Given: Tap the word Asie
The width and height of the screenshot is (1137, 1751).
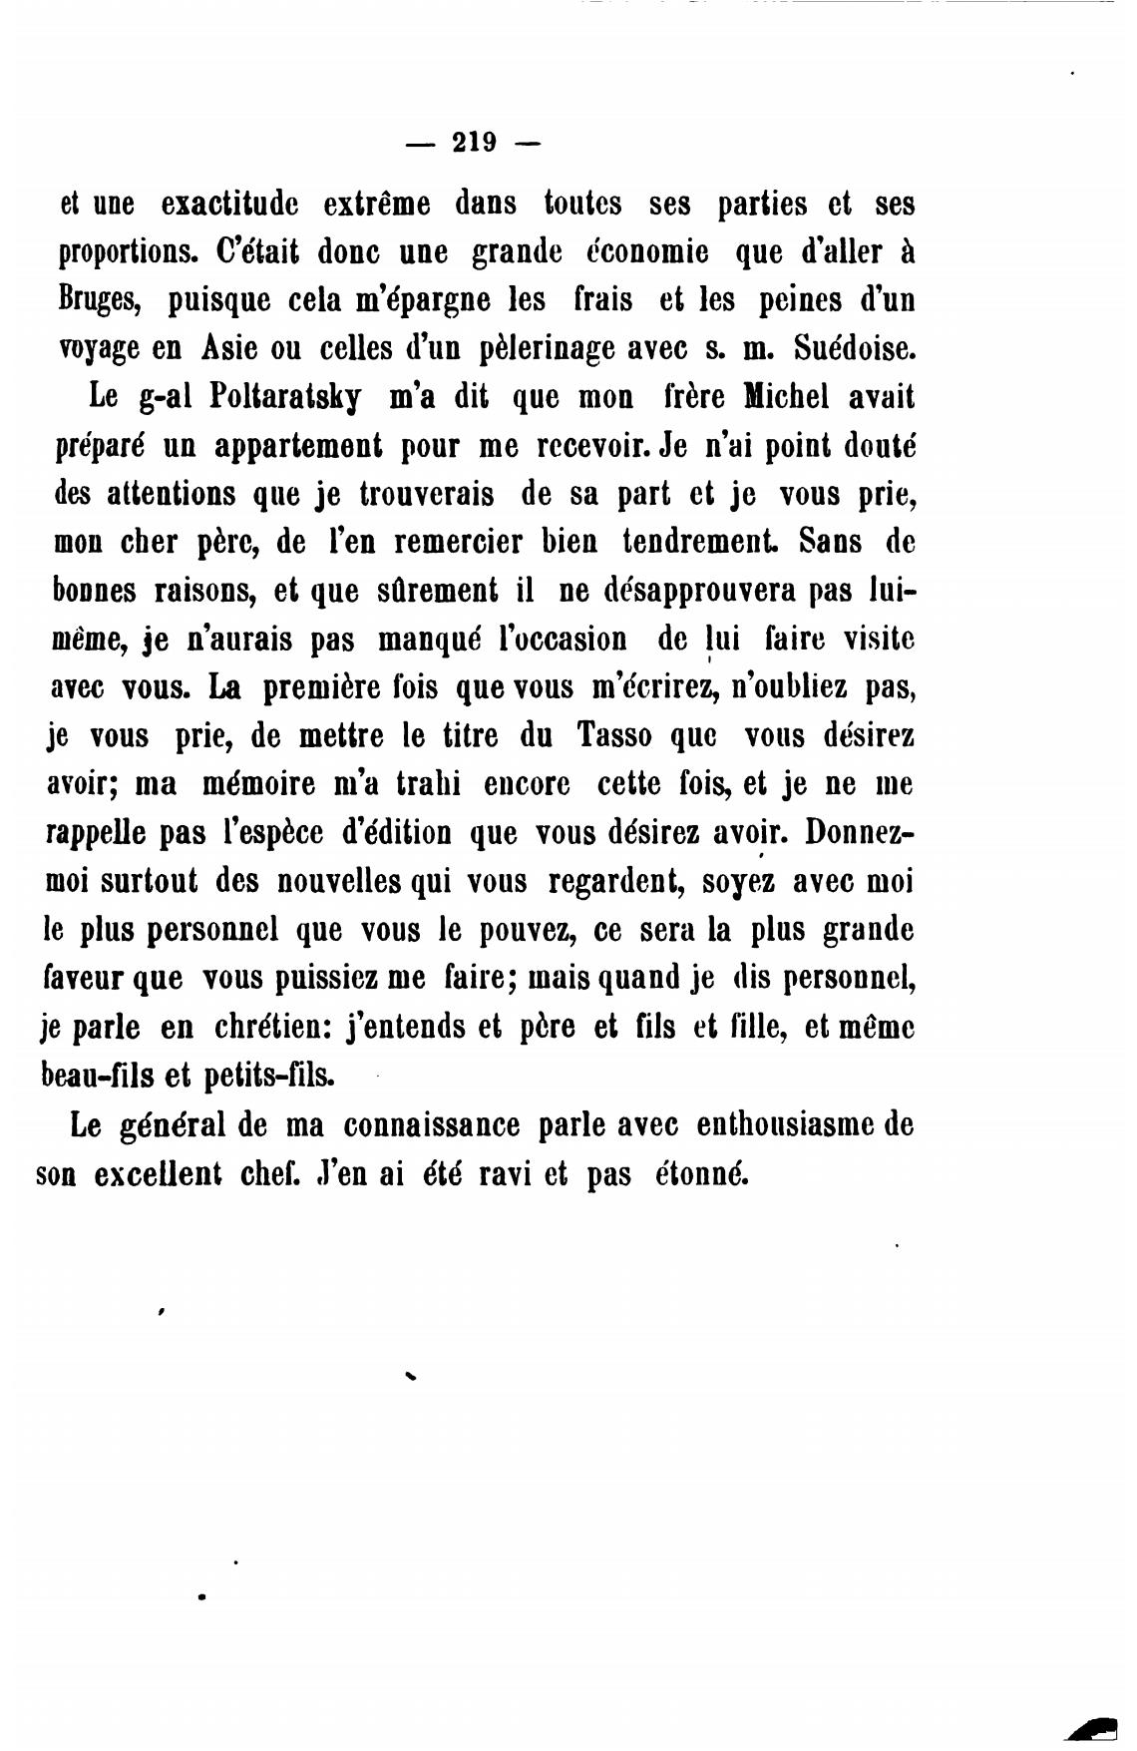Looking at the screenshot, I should point(229,348).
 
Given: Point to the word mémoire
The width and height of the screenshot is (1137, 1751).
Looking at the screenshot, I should point(258,784).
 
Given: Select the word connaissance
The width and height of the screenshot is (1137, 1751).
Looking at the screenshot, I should point(432,1125).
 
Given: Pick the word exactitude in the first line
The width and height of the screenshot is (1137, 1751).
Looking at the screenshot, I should point(228,205).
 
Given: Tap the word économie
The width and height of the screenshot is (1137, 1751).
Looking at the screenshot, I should point(646,252).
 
